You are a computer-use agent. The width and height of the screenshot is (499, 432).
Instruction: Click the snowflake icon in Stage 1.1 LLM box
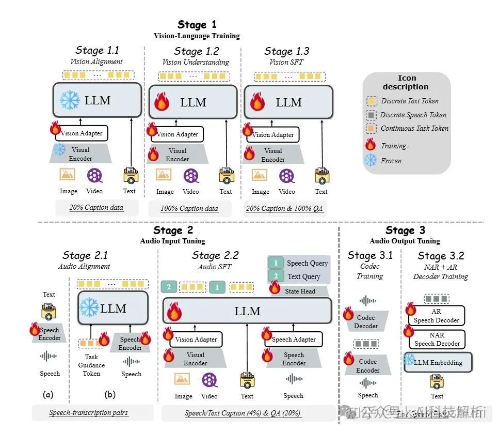click(69, 99)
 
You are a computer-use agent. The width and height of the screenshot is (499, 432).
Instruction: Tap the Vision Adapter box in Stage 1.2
click(177, 134)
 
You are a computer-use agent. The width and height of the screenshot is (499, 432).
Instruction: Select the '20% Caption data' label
click(96, 208)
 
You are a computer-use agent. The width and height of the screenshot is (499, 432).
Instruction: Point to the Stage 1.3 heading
click(286, 51)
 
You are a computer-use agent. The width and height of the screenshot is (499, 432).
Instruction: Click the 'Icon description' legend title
click(406, 83)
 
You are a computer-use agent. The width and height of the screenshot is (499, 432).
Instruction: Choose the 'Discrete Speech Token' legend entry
click(413, 115)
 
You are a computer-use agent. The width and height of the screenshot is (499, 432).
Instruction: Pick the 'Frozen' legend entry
click(391, 161)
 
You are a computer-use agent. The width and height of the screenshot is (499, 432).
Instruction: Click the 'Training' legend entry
click(393, 146)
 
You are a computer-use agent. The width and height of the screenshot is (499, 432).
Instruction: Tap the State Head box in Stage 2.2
click(300, 291)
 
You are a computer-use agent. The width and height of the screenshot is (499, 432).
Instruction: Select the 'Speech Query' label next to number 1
click(307, 263)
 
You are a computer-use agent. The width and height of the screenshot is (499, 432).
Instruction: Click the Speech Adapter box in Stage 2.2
click(293, 340)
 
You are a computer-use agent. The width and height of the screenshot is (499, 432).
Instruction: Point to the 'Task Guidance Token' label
click(91, 365)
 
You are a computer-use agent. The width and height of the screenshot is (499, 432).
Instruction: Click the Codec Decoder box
click(367, 321)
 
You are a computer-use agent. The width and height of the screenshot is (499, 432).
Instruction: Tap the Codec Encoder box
click(367, 366)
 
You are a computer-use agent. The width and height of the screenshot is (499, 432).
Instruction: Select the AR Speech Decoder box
click(437, 316)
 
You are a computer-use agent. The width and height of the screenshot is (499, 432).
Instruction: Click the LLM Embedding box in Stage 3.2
click(438, 362)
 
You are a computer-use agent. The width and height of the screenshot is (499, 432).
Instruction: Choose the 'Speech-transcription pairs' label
click(89, 413)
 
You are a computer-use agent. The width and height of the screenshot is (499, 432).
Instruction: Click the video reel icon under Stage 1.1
click(94, 176)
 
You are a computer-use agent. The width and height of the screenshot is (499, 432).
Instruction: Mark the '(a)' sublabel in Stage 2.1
click(48, 395)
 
